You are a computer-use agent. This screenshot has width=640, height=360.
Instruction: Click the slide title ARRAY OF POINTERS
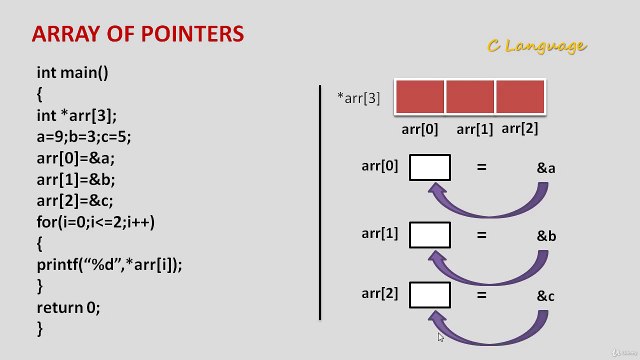click(x=138, y=35)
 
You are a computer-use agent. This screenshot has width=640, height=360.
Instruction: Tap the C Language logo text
click(x=537, y=45)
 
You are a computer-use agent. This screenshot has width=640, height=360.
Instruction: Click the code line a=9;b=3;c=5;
click(x=87, y=136)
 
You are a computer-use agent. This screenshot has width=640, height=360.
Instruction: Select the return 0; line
click(x=69, y=307)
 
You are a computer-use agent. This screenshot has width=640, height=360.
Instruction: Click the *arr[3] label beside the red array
click(x=360, y=97)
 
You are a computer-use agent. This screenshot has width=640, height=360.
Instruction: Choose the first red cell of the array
click(x=420, y=96)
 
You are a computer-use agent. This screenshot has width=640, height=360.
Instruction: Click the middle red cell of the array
click(x=470, y=96)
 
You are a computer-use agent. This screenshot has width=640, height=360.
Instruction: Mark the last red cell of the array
click(x=520, y=96)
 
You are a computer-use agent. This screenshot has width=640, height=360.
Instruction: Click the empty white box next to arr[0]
click(x=430, y=167)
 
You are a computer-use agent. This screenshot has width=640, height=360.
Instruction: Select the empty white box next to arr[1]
click(x=430, y=235)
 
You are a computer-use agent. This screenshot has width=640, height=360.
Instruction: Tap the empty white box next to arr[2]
click(x=430, y=295)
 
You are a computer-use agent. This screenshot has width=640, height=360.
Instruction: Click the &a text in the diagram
click(x=546, y=168)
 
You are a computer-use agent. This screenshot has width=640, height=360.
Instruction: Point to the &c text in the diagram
click(x=546, y=296)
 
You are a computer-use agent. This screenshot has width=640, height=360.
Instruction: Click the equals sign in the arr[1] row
click(x=482, y=236)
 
